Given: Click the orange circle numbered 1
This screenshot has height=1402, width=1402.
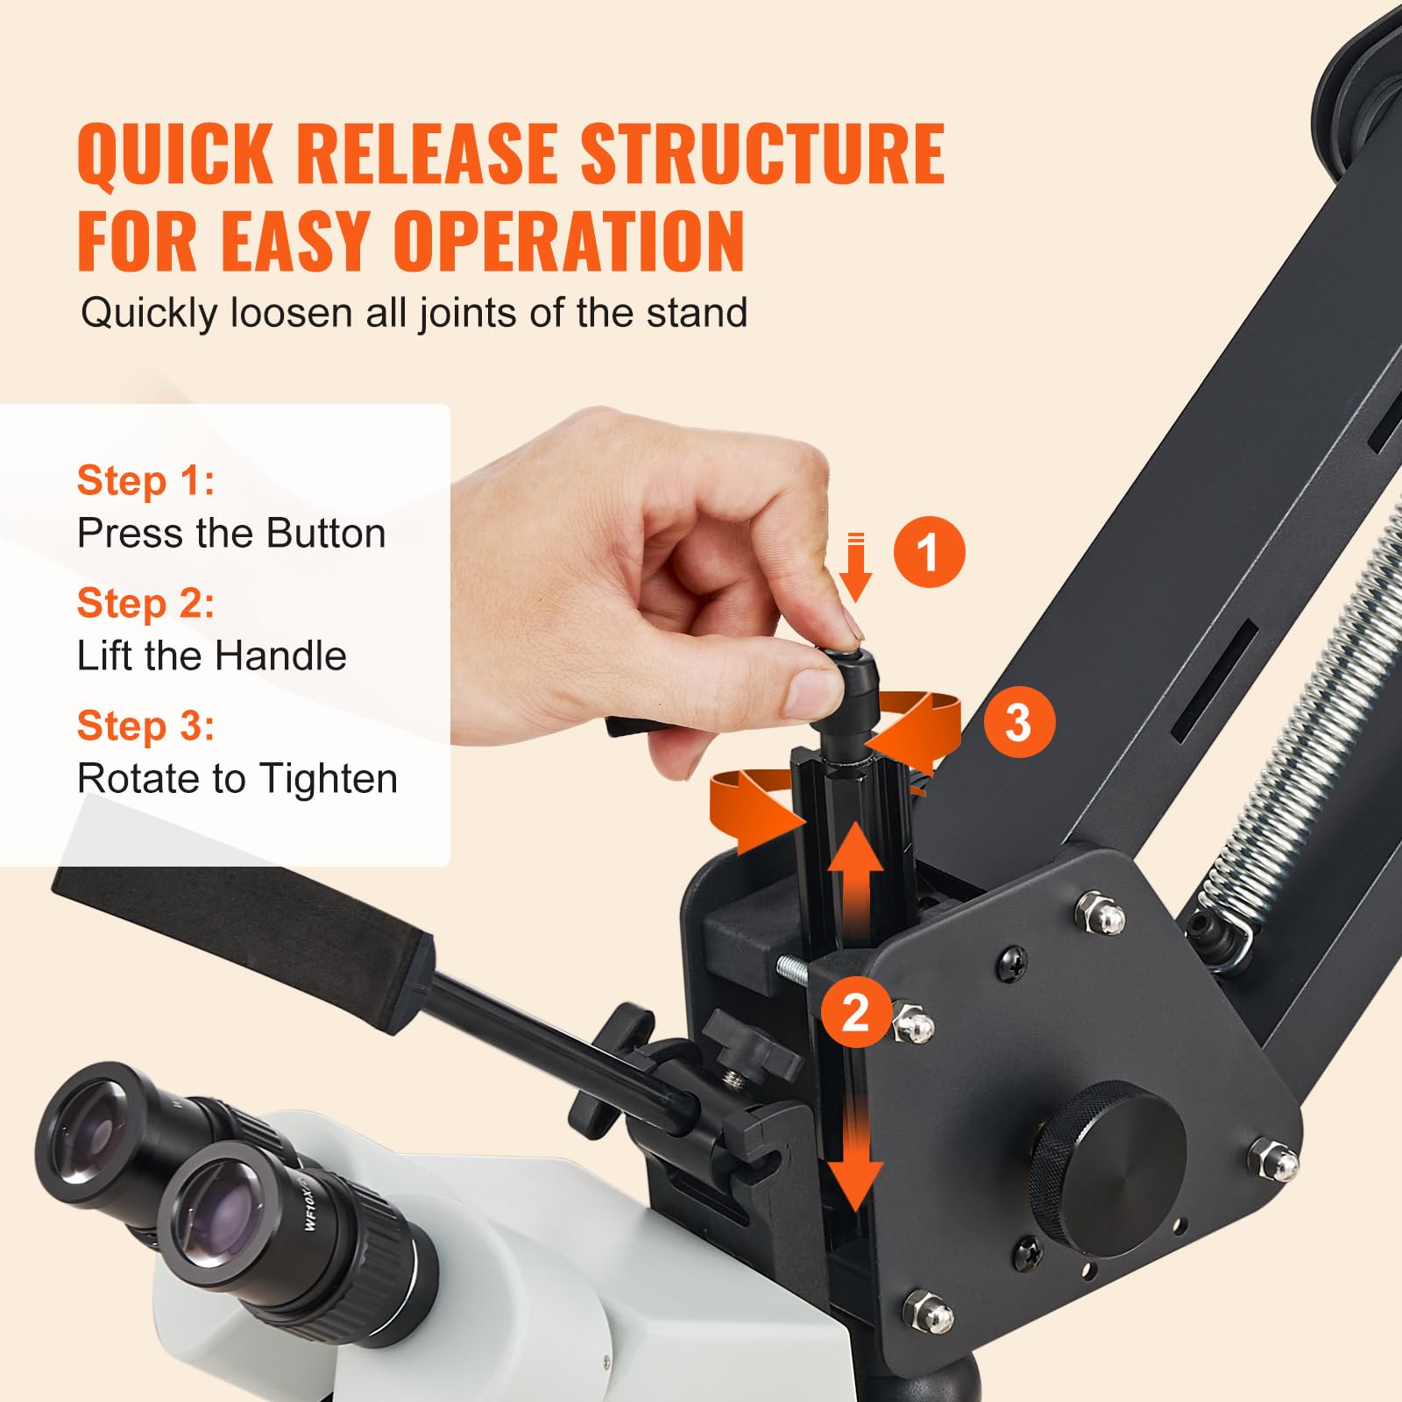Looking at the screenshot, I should (x=929, y=552).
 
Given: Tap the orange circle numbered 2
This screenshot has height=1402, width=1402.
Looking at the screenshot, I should (x=856, y=1012).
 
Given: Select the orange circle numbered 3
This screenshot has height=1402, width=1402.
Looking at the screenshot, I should (x=1017, y=723).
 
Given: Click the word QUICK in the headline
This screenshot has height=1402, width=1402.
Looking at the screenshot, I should (x=175, y=156).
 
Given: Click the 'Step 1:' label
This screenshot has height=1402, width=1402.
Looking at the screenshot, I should (x=145, y=480).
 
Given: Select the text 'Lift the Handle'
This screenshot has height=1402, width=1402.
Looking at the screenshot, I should (x=211, y=655).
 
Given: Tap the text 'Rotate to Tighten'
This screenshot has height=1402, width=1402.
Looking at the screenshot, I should (x=237, y=778).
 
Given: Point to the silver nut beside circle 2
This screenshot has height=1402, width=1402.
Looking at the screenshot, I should (x=913, y=1024).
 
